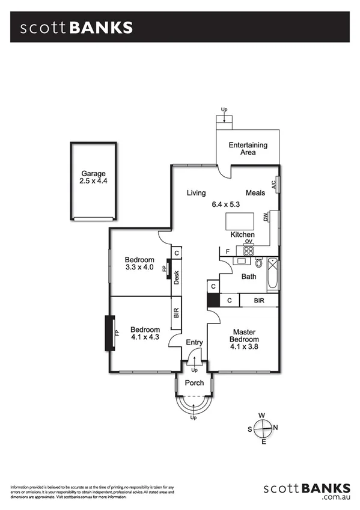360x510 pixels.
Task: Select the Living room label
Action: [196, 193]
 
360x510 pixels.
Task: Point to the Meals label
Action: [255, 193]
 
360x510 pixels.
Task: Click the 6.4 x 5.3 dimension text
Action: [225, 204]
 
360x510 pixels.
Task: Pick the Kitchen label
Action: [243, 235]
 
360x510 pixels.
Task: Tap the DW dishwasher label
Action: [266, 217]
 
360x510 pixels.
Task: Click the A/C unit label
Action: [274, 185]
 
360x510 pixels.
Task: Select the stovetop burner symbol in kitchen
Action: [248, 251]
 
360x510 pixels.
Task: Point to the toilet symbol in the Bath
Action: [259, 263]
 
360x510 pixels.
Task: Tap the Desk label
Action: [177, 278]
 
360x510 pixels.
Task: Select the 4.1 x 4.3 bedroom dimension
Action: [145, 338]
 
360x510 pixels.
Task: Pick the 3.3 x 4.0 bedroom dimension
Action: [139, 268]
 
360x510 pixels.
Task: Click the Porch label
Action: [194, 382]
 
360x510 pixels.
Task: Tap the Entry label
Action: [194, 343]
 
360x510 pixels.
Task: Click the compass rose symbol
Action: [263, 428]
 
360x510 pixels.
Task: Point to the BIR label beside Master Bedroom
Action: [259, 300]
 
